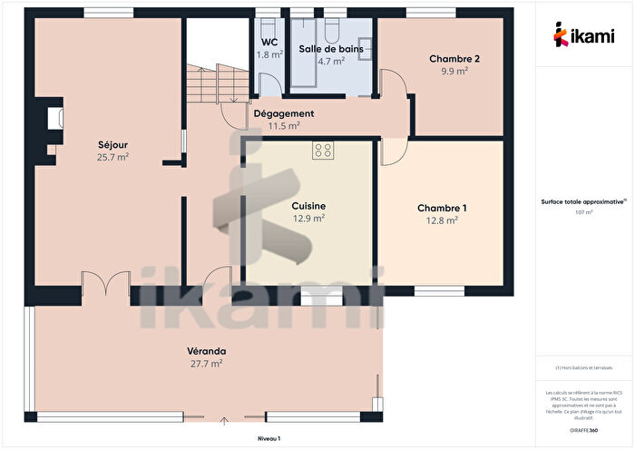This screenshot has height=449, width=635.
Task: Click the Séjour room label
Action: [113, 144]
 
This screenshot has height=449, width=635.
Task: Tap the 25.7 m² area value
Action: [113, 156]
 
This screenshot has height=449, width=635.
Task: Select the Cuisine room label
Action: [308, 206]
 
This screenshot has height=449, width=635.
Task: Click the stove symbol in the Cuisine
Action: [323, 151]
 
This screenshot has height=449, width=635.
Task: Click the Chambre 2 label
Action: [454, 59]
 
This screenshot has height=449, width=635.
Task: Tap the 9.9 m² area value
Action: [454, 71]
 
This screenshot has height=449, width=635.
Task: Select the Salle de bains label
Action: [330, 49]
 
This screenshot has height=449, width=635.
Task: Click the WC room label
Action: [269, 43]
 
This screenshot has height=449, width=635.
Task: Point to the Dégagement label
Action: [283, 113]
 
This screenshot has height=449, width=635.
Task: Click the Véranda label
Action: [207, 351]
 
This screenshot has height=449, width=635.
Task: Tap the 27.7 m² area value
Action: [207, 363]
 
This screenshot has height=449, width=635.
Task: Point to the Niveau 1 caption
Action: [269, 438]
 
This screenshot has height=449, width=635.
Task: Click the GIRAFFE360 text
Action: [583, 428]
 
